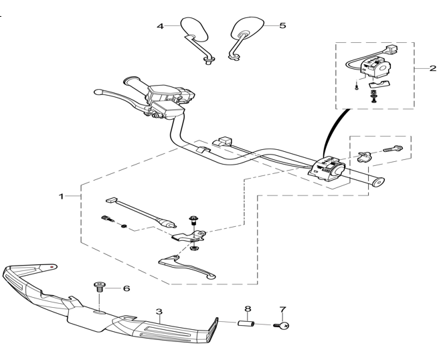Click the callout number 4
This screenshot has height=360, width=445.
coord(161,26)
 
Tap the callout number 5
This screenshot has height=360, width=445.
coord(282,25)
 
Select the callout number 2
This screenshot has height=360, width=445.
coord(433,68)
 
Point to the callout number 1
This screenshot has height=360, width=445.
coord(62,196)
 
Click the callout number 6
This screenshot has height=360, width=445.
coord(126,288)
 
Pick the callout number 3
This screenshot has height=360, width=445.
coord(159,312)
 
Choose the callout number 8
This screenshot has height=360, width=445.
coord(248,308)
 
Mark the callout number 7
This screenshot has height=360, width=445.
coord(283,310)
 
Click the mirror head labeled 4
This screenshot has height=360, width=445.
coord(195,29)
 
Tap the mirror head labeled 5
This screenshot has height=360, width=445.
coord(247,28)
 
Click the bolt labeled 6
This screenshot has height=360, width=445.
coord(99,287)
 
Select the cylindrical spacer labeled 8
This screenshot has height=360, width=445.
coord(246,323)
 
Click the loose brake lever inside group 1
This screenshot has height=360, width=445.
coord(187,266)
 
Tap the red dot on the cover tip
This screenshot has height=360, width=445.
coord(52,267)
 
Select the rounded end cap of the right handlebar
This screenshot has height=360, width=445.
coord(377,182)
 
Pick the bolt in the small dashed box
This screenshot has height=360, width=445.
coord(393,149)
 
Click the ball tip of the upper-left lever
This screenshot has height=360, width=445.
coord(98,92)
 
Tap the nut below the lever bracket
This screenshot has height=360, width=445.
coord(194,248)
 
